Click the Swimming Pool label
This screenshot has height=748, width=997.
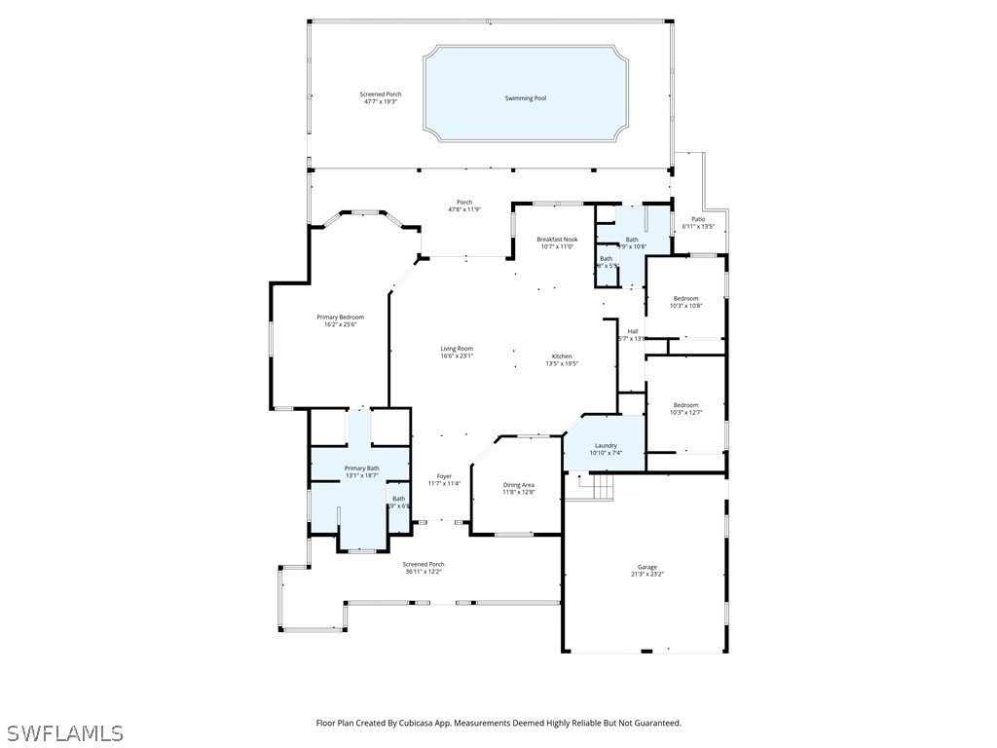click(x=525, y=98)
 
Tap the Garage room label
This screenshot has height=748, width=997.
click(x=647, y=567)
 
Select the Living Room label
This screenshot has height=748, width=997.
click(x=457, y=349)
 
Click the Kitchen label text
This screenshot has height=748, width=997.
click(x=562, y=356)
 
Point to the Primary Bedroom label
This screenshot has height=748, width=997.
click(x=340, y=318)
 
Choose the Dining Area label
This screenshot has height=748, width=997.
click(x=518, y=485)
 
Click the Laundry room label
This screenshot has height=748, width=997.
click(x=606, y=446)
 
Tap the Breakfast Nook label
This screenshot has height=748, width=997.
click(x=557, y=240)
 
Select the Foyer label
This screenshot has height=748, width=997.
click(x=444, y=476)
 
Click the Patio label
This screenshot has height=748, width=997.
click(x=698, y=219)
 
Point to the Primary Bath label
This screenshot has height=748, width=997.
click(x=361, y=468)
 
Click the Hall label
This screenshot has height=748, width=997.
click(x=633, y=331)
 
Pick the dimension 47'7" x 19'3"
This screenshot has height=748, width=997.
click(x=380, y=101)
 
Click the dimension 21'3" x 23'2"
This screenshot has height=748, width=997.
click(x=647, y=575)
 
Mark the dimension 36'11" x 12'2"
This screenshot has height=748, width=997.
click(x=424, y=572)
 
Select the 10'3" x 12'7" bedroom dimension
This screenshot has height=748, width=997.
click(x=685, y=412)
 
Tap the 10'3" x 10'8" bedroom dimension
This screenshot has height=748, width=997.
click(x=685, y=306)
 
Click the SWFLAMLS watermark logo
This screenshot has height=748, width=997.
click(x=64, y=732)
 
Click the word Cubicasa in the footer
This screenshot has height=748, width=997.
click(x=423, y=724)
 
